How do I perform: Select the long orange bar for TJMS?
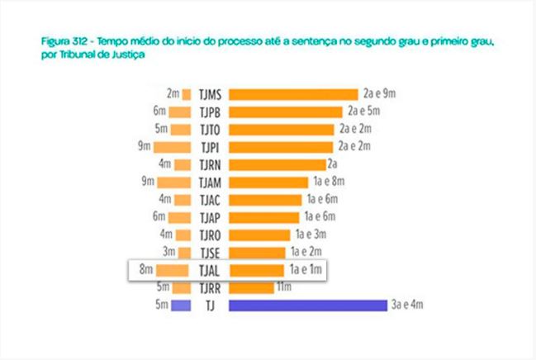click(293, 94)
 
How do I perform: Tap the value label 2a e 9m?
click(380, 94)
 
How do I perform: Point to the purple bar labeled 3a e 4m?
click(307, 306)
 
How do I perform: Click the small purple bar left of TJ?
click(181, 306)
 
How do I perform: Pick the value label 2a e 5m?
click(363, 111)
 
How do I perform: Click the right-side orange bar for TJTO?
click(281, 130)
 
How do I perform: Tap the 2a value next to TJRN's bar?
click(333, 164)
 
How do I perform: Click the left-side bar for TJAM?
click(173, 182)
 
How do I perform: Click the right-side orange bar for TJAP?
click(263, 217)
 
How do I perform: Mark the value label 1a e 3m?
click(311, 234)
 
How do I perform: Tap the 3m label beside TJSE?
click(169, 252)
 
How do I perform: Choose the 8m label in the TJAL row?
click(146, 269)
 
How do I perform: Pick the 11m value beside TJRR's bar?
click(284, 287)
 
